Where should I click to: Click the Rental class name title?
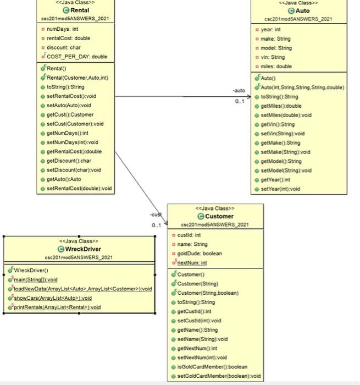click(80, 10)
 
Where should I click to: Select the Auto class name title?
click(302, 10)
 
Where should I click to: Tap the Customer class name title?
click(219, 216)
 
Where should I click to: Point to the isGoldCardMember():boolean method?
click(212, 367)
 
